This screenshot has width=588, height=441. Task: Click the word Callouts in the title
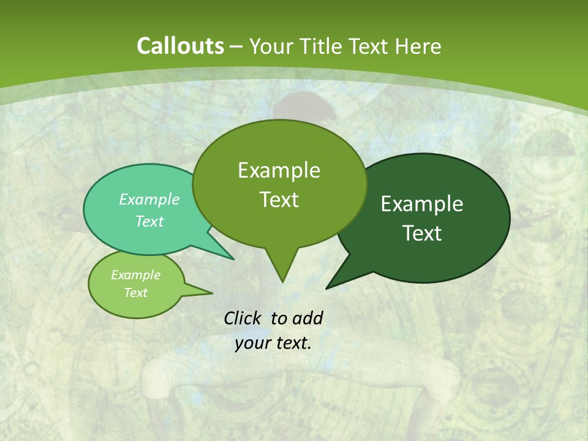coord(181,47)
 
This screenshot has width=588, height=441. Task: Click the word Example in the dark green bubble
coord(422,204)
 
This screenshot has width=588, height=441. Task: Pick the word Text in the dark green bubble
coord(422,233)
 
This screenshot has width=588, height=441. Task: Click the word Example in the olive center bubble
coord(279,170)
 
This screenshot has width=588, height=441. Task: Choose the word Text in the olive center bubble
coord(279,200)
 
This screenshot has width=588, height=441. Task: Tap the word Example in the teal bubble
coord(149,199)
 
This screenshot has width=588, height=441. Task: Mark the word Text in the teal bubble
coord(149,222)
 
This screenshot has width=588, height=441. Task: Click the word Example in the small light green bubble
coord(135,275)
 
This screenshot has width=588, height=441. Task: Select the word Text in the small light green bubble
coord(135,293)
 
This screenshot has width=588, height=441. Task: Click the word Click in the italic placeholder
coord(243,318)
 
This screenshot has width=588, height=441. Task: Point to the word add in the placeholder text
coord(307,318)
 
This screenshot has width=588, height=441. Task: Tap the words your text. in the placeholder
coord(273,343)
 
